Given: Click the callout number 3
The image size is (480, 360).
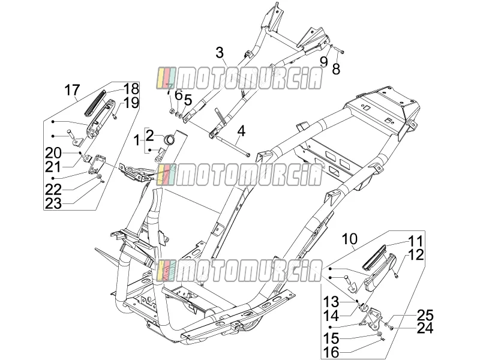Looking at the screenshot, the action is click(x=220, y=53).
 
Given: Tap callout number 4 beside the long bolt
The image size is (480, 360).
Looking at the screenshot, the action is click(x=242, y=131).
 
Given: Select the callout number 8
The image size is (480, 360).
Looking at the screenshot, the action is click(x=336, y=69).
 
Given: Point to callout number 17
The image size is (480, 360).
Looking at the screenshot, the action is click(x=72, y=90).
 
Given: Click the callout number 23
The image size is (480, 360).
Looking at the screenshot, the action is click(x=53, y=203).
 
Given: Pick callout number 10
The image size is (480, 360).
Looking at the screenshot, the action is click(x=350, y=239).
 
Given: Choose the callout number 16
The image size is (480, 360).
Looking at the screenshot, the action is click(x=331, y=352).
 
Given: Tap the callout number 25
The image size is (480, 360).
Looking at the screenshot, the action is click(x=425, y=315).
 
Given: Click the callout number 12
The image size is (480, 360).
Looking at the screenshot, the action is click(x=416, y=254).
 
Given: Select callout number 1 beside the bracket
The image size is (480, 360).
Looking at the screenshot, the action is click(x=136, y=141).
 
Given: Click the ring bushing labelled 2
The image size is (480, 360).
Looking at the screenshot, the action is click(x=170, y=139).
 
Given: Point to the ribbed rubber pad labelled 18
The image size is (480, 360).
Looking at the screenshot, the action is click(x=95, y=103).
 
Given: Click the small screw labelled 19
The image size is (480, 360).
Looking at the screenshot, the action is click(x=115, y=116).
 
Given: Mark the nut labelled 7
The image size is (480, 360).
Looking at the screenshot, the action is click(x=172, y=110).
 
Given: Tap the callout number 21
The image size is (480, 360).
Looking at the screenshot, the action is click(x=53, y=167).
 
